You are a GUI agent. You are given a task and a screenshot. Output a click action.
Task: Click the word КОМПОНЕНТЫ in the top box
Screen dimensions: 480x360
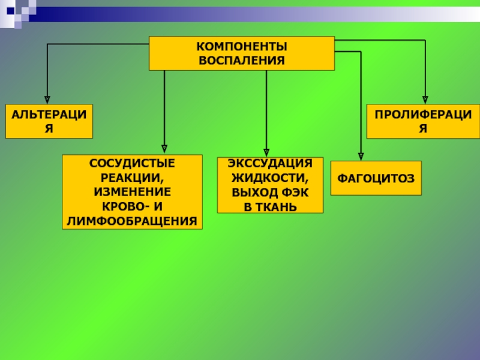click(242, 46)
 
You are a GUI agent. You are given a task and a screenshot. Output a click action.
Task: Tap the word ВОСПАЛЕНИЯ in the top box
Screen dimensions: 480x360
click(242, 60)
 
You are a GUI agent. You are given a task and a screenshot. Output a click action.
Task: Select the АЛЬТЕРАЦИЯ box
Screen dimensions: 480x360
click(50, 121)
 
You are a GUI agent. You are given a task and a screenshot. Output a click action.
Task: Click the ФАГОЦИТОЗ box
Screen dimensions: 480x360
click(376, 178)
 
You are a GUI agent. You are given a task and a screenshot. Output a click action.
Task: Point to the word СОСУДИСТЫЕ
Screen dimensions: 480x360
click(133, 163)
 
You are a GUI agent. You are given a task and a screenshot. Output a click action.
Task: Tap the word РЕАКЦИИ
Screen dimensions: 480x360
click(133, 178)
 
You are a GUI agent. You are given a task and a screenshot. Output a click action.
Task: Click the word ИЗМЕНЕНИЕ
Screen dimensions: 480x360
click(133, 192)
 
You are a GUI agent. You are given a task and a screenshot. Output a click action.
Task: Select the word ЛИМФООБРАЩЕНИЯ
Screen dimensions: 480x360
click(133, 221)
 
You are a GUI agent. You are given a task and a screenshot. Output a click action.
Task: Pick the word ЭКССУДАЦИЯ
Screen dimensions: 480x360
click(270, 164)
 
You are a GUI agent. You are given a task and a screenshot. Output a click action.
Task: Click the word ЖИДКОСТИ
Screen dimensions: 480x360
click(270, 179)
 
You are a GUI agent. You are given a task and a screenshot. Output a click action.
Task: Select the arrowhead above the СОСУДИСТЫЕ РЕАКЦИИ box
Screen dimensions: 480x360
click(164, 148)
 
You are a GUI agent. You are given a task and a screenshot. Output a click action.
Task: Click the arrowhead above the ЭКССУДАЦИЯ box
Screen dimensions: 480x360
click(266, 151)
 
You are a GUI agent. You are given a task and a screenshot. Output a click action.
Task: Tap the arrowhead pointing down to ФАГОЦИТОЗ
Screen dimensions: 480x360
click(361, 155)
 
